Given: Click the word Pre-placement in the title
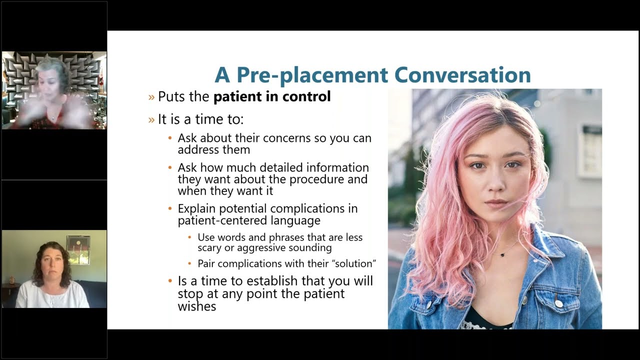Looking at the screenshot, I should pos(312,75).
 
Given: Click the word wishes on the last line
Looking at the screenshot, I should pos(197,306).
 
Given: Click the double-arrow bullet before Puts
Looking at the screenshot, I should pos(151,97).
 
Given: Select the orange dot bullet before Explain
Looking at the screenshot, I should pos(170,208).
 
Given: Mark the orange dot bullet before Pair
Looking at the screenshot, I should pos(190,263).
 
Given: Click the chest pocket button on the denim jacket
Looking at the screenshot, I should pos(557,303).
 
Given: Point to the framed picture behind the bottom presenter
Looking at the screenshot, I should pos(78,250).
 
